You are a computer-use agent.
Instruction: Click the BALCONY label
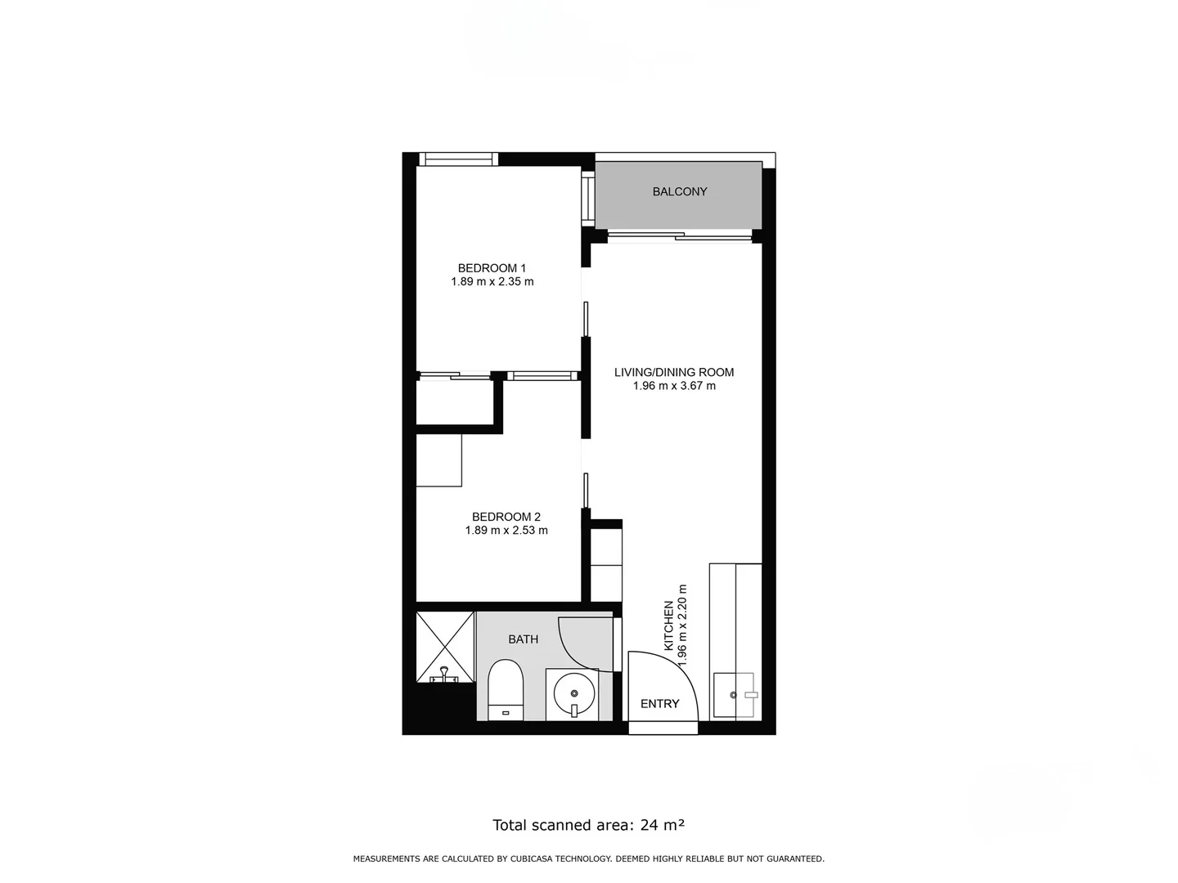[x=679, y=192]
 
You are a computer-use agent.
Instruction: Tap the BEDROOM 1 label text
[x=492, y=268]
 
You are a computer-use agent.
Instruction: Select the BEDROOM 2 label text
[x=506, y=517]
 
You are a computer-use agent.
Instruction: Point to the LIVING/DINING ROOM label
[x=674, y=372]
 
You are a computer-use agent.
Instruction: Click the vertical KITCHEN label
[x=668, y=625]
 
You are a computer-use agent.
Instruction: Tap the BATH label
[x=523, y=639]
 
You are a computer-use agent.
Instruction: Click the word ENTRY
[x=659, y=704]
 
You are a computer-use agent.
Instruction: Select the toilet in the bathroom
[x=505, y=691]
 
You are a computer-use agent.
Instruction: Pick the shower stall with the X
[x=445, y=646]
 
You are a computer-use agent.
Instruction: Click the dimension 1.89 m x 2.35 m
[x=492, y=282]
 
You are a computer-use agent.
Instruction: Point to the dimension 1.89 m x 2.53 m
[x=506, y=531]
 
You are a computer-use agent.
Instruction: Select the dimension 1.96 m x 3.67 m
[x=674, y=386]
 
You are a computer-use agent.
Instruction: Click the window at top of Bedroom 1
[x=458, y=159]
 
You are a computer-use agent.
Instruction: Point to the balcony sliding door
[x=679, y=237]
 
